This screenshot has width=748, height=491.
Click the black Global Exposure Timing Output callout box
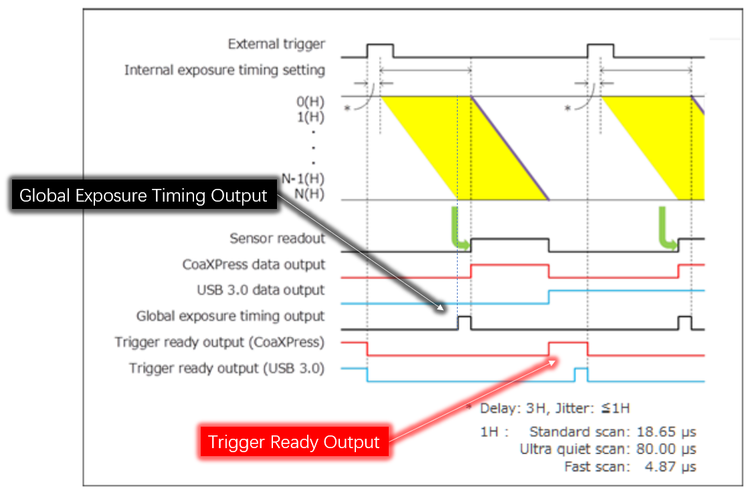[143, 196]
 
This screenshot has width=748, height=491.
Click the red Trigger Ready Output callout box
[294, 442]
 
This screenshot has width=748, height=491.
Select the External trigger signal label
[276, 44]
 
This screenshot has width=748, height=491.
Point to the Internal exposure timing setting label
[225, 70]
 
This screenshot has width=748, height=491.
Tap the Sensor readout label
[277, 238]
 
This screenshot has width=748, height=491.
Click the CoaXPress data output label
[254, 264]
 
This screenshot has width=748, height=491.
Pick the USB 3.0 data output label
[261, 290]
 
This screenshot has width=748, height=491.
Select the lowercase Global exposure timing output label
[230, 316]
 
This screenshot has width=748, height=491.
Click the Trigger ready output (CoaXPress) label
[219, 342]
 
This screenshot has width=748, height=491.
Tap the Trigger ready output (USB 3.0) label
[227, 368]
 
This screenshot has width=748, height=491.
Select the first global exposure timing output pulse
[464, 322]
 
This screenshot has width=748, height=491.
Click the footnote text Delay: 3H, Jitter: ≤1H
[555, 407]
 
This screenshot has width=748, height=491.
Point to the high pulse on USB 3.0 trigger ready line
[580, 374]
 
